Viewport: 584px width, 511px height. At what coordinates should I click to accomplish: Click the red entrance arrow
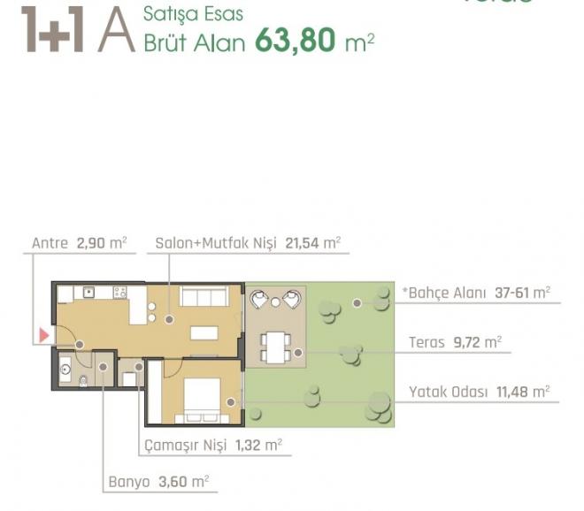click(x=42, y=336)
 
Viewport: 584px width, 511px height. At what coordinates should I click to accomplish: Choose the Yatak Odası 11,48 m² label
click(x=479, y=391)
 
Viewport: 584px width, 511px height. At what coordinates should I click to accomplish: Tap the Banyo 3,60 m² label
click(x=158, y=482)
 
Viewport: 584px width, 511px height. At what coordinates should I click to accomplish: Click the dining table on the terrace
click(x=275, y=347)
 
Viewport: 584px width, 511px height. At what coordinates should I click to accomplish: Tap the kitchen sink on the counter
click(x=88, y=292)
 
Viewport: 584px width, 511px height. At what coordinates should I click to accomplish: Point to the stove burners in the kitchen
click(x=119, y=292)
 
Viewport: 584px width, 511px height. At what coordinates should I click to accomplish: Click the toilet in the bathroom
click(x=82, y=382)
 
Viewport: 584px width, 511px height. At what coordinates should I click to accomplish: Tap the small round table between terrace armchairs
click(x=275, y=302)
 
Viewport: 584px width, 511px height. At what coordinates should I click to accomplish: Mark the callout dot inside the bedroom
click(x=231, y=402)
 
